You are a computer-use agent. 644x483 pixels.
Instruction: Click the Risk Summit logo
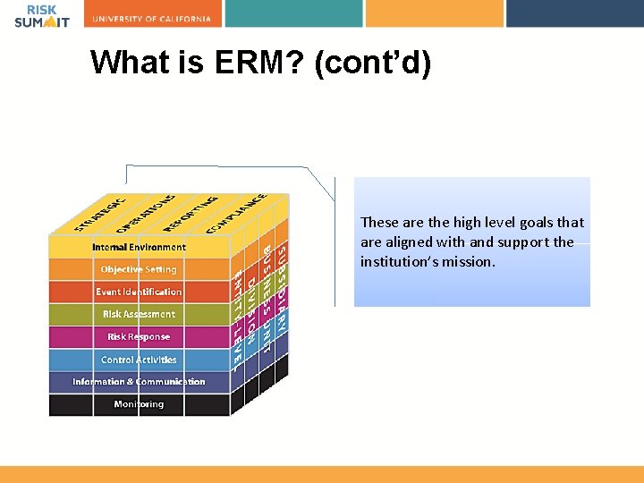[41, 15]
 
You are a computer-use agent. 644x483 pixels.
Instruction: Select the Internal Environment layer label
[139, 247]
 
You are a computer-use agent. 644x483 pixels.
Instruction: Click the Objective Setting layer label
[139, 269]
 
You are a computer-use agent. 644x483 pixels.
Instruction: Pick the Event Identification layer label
[139, 292]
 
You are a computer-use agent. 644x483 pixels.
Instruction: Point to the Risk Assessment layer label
[139, 314]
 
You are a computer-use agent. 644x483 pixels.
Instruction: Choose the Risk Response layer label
[139, 337]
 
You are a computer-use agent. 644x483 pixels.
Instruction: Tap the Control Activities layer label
[139, 360]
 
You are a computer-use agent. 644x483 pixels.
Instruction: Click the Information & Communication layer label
[139, 382]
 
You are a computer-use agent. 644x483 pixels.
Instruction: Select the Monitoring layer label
[139, 404]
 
